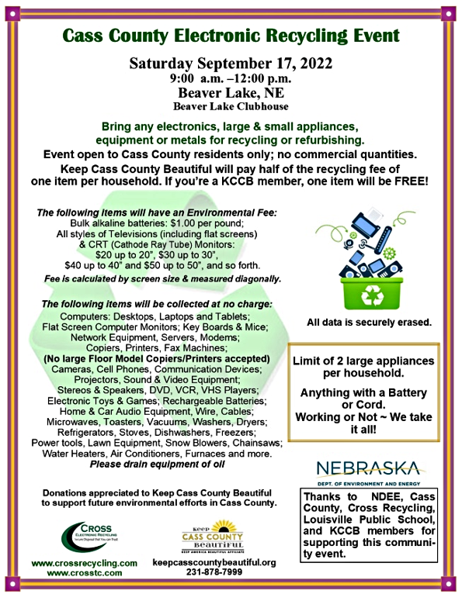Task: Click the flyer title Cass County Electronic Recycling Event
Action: (x=231, y=35)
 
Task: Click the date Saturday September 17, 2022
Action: (x=231, y=64)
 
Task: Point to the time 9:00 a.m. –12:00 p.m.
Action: (x=231, y=78)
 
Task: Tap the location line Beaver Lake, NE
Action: (x=231, y=94)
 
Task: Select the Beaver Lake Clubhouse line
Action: (x=231, y=107)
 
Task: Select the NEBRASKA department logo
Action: (x=370, y=471)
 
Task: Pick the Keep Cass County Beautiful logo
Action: (x=212, y=536)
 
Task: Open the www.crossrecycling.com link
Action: (x=85, y=562)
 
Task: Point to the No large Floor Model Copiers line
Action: (x=157, y=359)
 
